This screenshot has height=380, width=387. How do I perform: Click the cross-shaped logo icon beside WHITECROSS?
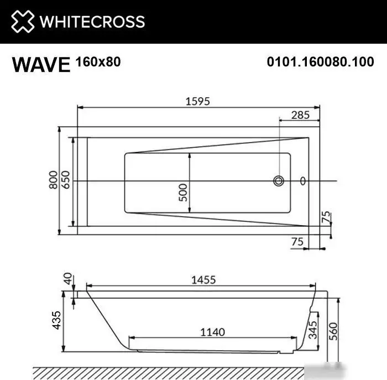point(22,22)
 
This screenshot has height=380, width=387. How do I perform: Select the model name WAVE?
point(41,64)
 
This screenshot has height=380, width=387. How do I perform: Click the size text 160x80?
point(97,62)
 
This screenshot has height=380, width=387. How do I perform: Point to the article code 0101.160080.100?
point(320,63)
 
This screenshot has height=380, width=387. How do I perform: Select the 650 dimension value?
point(66,181)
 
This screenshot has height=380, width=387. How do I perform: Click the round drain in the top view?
point(279,181)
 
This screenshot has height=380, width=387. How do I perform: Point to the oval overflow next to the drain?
point(302,181)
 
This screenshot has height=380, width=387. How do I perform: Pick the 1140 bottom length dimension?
point(212,332)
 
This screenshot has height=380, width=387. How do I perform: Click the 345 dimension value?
point(313,330)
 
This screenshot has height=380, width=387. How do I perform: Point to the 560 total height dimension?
point(332,331)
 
